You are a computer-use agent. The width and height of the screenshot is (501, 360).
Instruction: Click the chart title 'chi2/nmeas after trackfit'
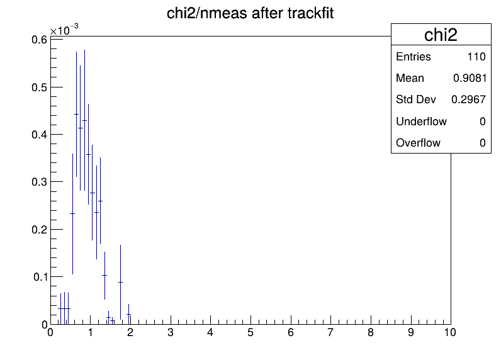tap(250, 13)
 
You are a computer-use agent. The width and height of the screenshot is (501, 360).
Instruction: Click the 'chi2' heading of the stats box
tap(441, 35)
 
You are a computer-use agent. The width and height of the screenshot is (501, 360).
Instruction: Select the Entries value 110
tap(476, 57)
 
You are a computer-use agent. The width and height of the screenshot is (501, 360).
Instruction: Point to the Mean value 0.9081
tap(470, 78)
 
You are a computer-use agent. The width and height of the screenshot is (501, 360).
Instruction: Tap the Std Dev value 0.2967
tap(468, 99)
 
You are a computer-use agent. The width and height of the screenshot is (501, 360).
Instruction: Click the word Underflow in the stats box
tap(421, 121)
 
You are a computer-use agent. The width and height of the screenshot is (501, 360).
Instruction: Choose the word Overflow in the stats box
tap(418, 143)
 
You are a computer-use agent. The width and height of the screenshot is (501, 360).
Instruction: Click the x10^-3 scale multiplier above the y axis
tap(64, 30)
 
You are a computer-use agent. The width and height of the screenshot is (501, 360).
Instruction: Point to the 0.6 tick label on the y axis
tap(39, 40)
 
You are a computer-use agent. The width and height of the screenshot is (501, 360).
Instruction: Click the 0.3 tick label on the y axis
tap(39, 182)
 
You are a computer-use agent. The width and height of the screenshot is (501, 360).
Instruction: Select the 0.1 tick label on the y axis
tap(40, 277)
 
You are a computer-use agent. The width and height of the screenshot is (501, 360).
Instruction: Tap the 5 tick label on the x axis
tap(250, 332)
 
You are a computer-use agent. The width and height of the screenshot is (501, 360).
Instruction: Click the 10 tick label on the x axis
tap(450, 332)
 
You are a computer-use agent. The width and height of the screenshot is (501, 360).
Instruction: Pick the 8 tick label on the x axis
tap(370, 332)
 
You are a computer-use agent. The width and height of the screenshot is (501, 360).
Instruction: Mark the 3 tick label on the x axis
tap(171, 332)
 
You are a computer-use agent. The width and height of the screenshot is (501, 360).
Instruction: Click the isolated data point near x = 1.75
tap(120, 283)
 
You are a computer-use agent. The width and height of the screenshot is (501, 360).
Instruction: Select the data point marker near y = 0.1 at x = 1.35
tap(104, 276)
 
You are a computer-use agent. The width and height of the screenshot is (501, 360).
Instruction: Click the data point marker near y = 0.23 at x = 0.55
tap(72, 214)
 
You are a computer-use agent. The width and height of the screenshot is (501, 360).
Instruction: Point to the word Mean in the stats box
tap(410, 78)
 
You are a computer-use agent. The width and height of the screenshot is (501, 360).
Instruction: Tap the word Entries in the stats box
tap(414, 57)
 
